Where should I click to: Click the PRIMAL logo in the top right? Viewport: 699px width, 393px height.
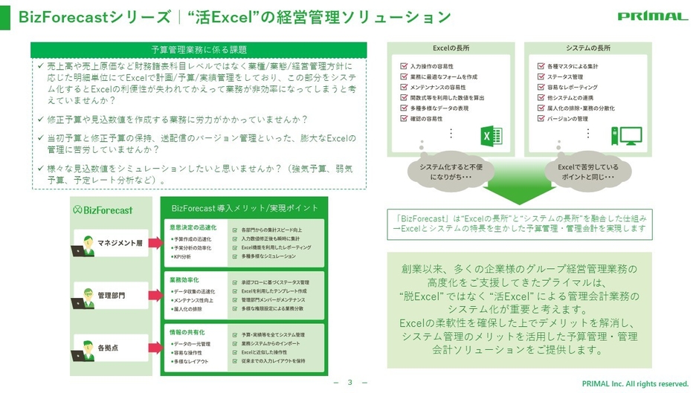653,16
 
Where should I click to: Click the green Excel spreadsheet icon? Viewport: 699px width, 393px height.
492,136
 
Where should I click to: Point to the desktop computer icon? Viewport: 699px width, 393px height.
625,137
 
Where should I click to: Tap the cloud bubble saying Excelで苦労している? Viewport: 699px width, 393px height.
586,172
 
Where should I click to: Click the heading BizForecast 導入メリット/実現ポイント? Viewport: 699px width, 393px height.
244,207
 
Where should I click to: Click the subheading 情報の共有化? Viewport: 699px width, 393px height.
187,332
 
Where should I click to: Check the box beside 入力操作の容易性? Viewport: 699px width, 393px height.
404,66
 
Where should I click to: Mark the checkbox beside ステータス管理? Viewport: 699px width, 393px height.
541,77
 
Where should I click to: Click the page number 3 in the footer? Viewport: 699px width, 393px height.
349,383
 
